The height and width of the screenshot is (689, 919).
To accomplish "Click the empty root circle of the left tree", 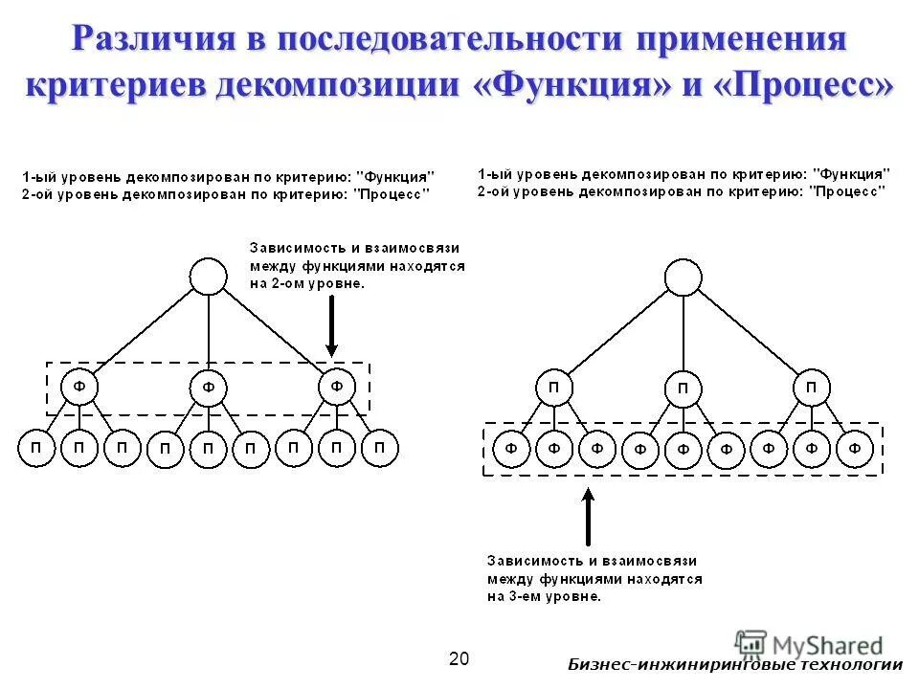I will click(x=209, y=277).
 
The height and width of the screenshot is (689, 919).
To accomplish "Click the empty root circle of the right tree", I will click(x=683, y=278).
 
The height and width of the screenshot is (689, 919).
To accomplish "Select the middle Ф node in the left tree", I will click(x=209, y=389).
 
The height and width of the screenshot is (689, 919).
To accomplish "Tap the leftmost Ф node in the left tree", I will click(x=79, y=387).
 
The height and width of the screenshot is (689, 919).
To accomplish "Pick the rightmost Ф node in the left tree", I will click(x=337, y=387).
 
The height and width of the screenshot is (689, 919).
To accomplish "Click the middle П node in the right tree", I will click(x=683, y=389).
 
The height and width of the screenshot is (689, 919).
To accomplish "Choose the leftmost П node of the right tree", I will click(x=554, y=388).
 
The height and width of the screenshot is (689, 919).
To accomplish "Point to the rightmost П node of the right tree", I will click(x=812, y=388).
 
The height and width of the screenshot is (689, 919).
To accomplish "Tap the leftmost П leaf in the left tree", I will click(x=36, y=448).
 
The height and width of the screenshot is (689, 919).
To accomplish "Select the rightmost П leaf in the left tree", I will click(x=380, y=448).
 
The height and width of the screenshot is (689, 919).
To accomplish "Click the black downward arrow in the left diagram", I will click(x=331, y=326).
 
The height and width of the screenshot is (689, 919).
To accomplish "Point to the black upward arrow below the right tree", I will click(x=588, y=517).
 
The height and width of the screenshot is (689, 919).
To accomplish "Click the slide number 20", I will click(x=459, y=658).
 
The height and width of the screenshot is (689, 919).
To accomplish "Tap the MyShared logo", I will click(x=809, y=646).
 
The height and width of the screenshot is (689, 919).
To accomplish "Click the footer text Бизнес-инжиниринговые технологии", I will click(x=734, y=666).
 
